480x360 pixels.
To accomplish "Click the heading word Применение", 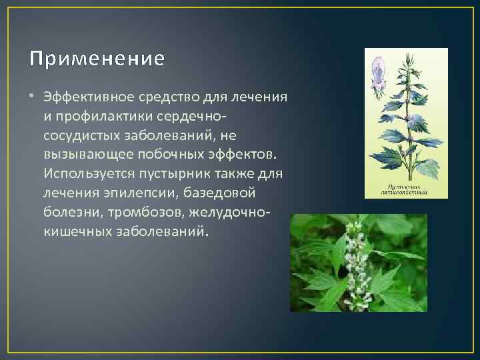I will click(97, 59).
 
